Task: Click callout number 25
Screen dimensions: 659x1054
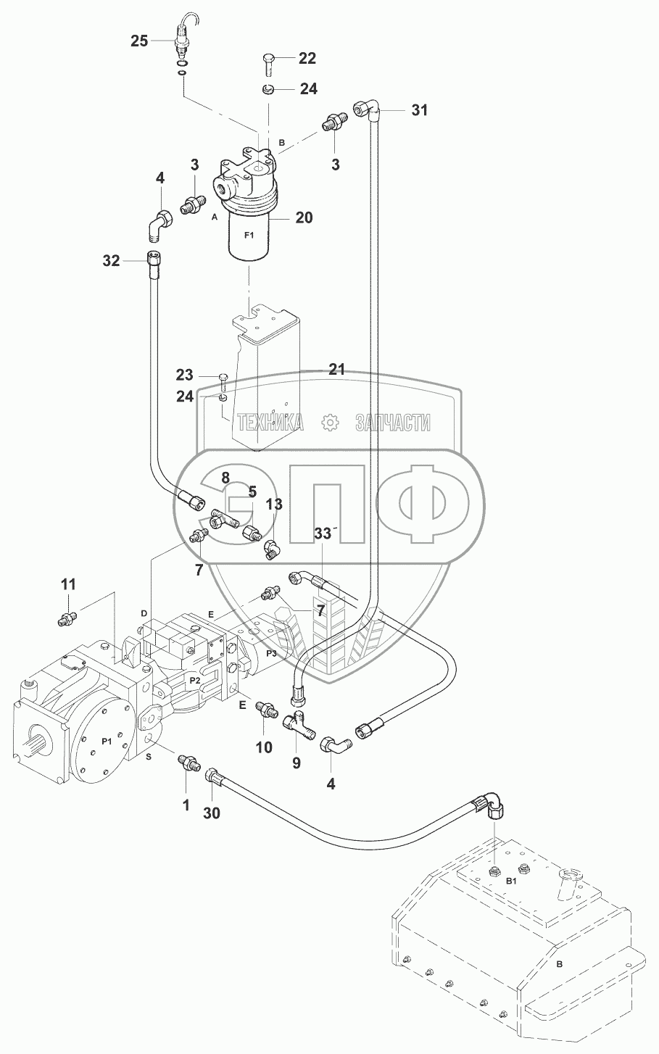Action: coord(139,41)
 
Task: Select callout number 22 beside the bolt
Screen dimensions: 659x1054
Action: coord(307,58)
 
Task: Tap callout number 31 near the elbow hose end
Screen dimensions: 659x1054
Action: coord(420,110)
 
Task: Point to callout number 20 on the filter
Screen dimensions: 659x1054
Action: coord(304,217)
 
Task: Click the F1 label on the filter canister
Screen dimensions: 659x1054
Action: coord(249,236)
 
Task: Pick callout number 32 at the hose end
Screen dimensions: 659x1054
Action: coord(112,261)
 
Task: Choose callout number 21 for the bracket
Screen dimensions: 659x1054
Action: coord(336,370)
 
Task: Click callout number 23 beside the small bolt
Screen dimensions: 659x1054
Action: coord(185,375)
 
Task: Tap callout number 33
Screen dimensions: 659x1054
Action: coord(323,534)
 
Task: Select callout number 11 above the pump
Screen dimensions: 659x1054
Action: coord(69,585)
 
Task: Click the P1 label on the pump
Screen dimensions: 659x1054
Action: coord(107,741)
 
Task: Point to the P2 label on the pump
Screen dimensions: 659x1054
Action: coord(195,680)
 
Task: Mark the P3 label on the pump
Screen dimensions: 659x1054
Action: coord(271,653)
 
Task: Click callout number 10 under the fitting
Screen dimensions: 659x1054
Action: coord(264,747)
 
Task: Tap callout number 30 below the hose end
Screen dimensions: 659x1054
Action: coord(212,813)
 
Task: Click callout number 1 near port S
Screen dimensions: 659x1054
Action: coord(186,805)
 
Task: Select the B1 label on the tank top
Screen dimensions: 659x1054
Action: coord(511,881)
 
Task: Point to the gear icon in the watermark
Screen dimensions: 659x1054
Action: coord(330,422)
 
